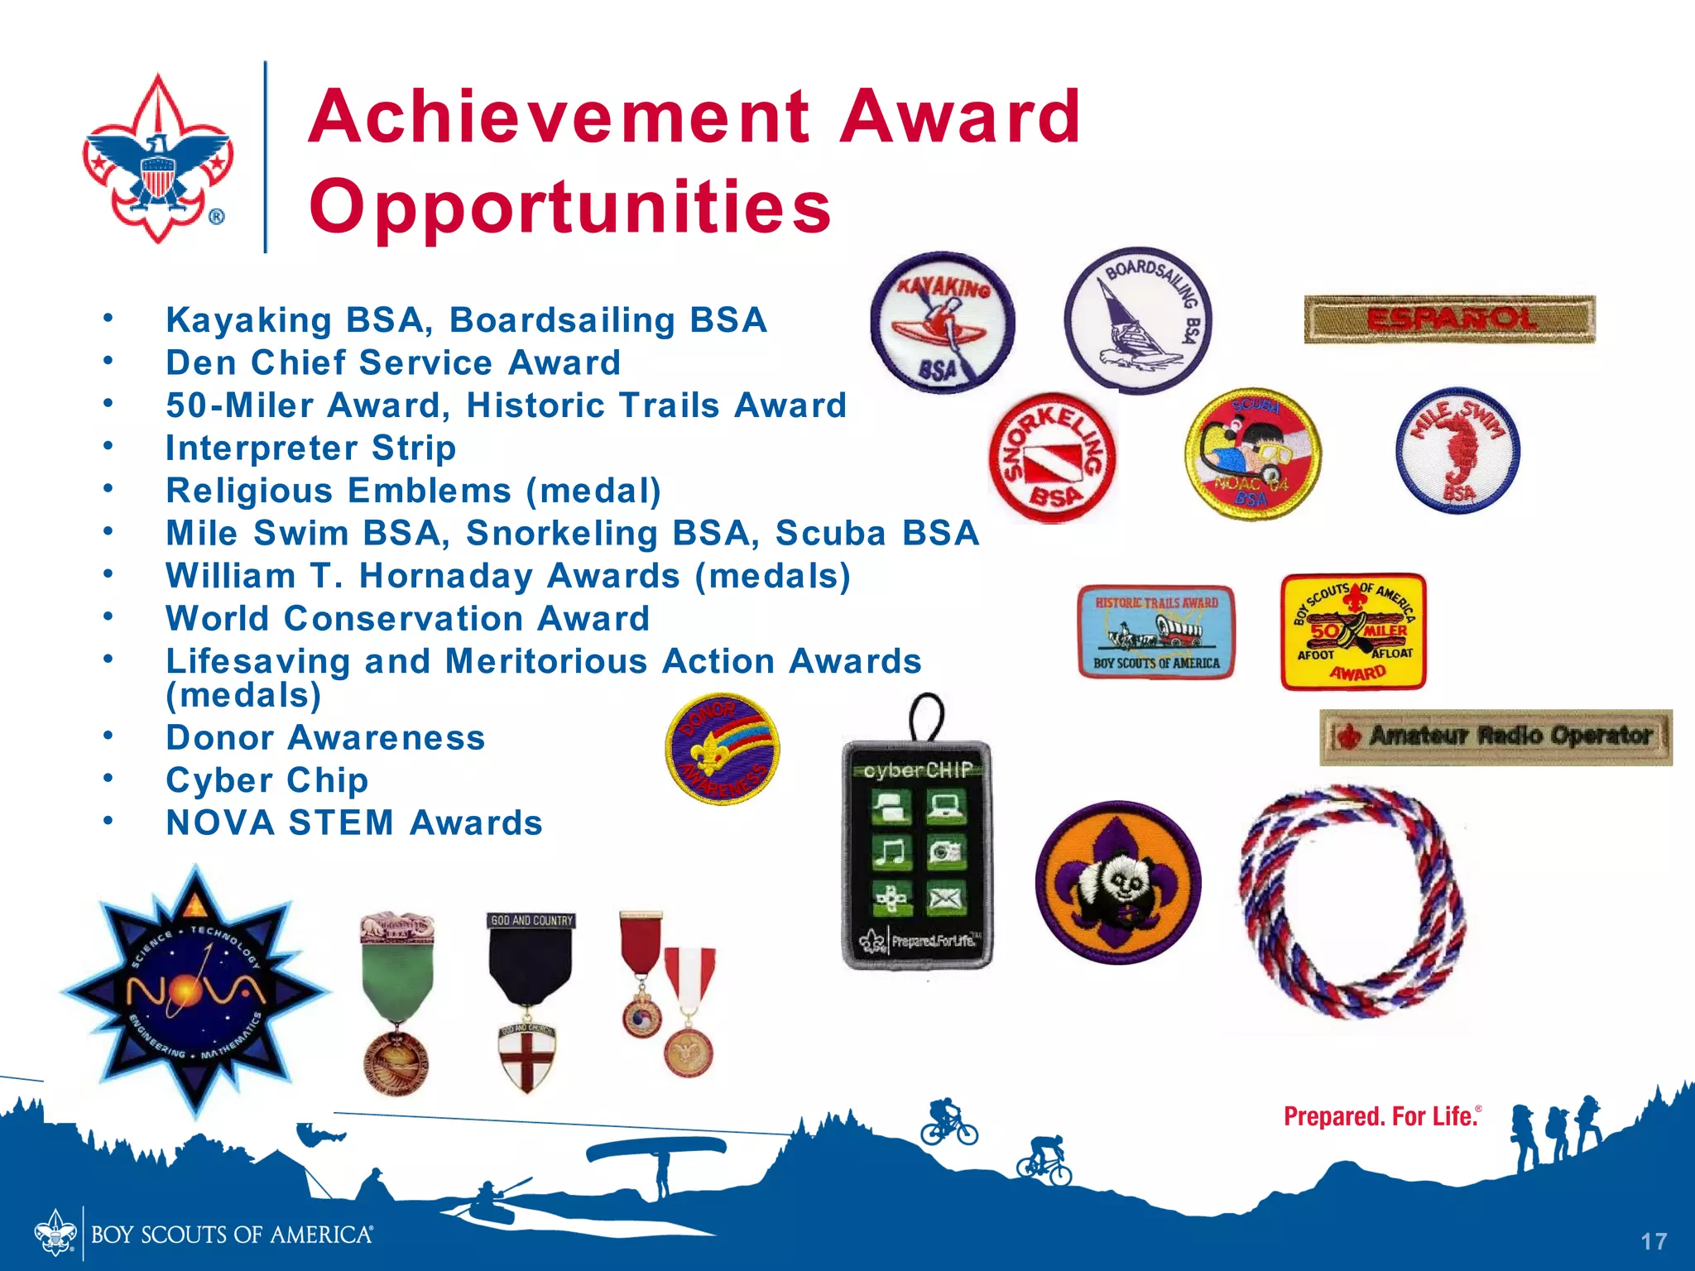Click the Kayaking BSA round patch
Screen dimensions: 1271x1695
click(x=943, y=321)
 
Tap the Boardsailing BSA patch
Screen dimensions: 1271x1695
click(x=1137, y=319)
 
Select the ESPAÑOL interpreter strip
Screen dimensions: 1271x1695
click(x=1449, y=319)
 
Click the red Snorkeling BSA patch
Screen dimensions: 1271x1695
click(x=1052, y=457)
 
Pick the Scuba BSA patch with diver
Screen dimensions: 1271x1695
click(x=1252, y=453)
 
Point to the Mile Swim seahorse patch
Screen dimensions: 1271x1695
click(x=1457, y=451)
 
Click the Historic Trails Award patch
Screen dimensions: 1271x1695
click(x=1156, y=632)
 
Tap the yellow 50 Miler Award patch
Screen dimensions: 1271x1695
click(x=1353, y=632)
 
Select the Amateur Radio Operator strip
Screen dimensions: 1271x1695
click(x=1496, y=736)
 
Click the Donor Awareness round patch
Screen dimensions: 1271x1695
click(x=723, y=749)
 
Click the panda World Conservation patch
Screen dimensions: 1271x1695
click(x=1118, y=882)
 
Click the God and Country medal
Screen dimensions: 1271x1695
click(x=530, y=1001)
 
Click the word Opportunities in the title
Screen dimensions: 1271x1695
click(x=570, y=206)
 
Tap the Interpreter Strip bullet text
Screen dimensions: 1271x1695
click(x=310, y=448)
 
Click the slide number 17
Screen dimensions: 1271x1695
click(x=1654, y=1241)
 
